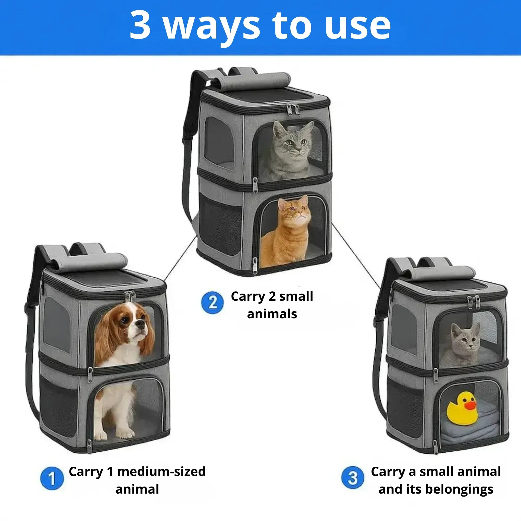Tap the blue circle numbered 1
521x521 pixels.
pyautogui.click(x=52, y=478)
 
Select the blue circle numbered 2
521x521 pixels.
pyautogui.click(x=212, y=302)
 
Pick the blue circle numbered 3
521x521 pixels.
pyautogui.click(x=353, y=478)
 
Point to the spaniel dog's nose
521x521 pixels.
pyautogui.click(x=141, y=323)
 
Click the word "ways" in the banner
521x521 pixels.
pyautogui.click(x=212, y=26)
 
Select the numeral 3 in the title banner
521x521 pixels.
pyautogui.click(x=140, y=25)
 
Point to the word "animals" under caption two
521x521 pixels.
pyautogui.click(x=272, y=314)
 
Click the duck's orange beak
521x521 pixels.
pyautogui.click(x=471, y=406)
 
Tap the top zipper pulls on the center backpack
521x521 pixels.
pyautogui.click(x=293, y=109)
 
